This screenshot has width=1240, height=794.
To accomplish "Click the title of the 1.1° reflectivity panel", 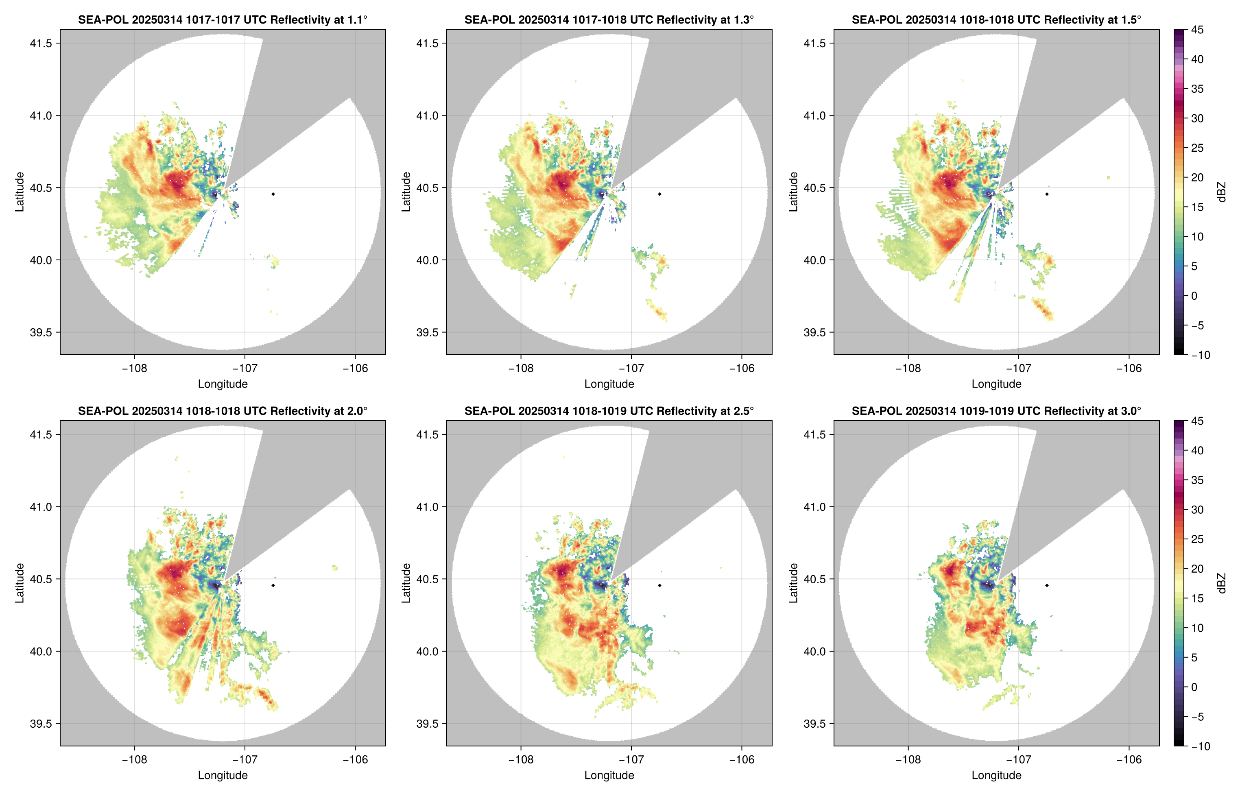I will [x=222, y=20].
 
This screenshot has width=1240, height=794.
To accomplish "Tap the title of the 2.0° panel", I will [x=222, y=411].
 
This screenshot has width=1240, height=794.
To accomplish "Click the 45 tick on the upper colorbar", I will [x=1197, y=30].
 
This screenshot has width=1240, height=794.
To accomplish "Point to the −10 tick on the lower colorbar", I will [x=1199, y=746].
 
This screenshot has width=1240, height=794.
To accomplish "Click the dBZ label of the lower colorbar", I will [x=1221, y=583].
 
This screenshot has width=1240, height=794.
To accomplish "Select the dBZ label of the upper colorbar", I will [x=1221, y=192].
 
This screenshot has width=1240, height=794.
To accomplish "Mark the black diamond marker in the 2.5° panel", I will [x=659, y=586].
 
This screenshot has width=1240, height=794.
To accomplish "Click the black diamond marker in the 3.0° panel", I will [x=1047, y=586].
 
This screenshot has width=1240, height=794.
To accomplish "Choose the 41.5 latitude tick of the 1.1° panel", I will [x=41, y=43].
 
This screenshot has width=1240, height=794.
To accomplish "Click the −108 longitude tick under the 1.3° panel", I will [x=520, y=369].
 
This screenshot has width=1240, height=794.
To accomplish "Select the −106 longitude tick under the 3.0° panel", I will [x=1129, y=760].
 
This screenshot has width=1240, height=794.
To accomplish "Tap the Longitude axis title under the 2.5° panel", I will [x=609, y=775].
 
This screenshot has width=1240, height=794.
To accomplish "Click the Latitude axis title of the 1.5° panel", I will [x=793, y=192].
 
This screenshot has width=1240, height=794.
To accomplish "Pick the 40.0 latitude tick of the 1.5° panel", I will [x=814, y=260].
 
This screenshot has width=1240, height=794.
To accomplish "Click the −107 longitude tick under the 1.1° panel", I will [x=245, y=369].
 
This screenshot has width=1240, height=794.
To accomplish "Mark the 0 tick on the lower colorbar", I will [x=1194, y=687].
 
